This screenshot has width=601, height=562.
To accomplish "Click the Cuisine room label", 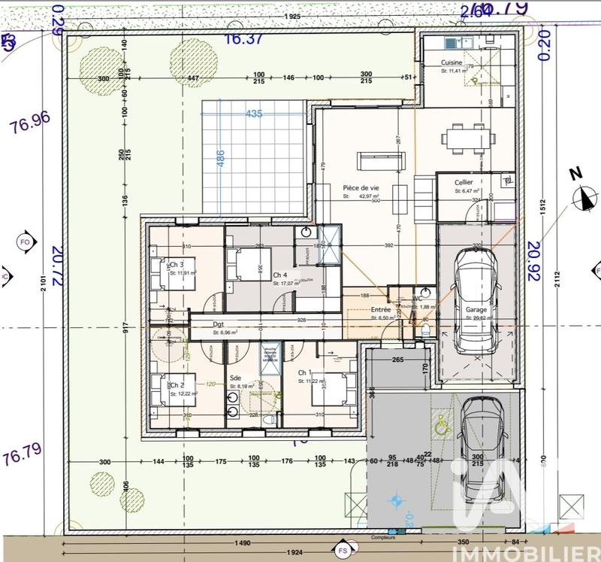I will coord(452,62).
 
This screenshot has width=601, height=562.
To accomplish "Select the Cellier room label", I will coord(464,183).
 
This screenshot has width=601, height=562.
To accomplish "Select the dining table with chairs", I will coord(467,138).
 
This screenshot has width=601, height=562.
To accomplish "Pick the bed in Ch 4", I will coord(245,265).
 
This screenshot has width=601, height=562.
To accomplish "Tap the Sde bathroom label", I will coord(235,378).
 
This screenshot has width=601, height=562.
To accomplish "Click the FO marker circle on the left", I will coord(24,242).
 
